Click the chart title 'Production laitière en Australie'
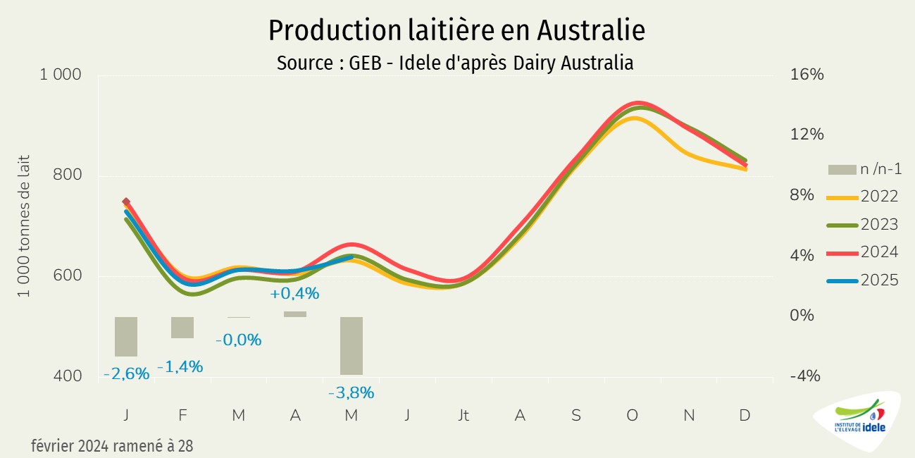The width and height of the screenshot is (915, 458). click(x=456, y=31)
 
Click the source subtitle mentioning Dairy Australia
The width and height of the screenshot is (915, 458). click(x=455, y=63)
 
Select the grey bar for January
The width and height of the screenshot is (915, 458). click(x=126, y=337)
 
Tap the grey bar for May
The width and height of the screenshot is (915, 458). click(x=351, y=346)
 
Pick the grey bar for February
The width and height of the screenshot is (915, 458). click(x=182, y=328)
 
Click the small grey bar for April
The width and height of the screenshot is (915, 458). click(x=295, y=314)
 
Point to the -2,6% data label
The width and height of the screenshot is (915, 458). click(x=127, y=374)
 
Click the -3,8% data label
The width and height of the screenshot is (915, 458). click(x=351, y=392)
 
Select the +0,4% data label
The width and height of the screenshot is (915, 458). click(x=294, y=293)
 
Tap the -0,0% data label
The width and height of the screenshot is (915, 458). click(x=238, y=340)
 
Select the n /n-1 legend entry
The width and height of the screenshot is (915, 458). click(x=865, y=169)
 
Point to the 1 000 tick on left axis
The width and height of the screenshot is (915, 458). click(x=61, y=75)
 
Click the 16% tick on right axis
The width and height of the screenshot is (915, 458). click(x=807, y=75)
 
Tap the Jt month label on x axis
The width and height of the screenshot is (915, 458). click(x=463, y=416)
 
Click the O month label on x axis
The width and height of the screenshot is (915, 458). click(x=633, y=416)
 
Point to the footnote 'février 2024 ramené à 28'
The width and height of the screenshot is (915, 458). click(x=112, y=446)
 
